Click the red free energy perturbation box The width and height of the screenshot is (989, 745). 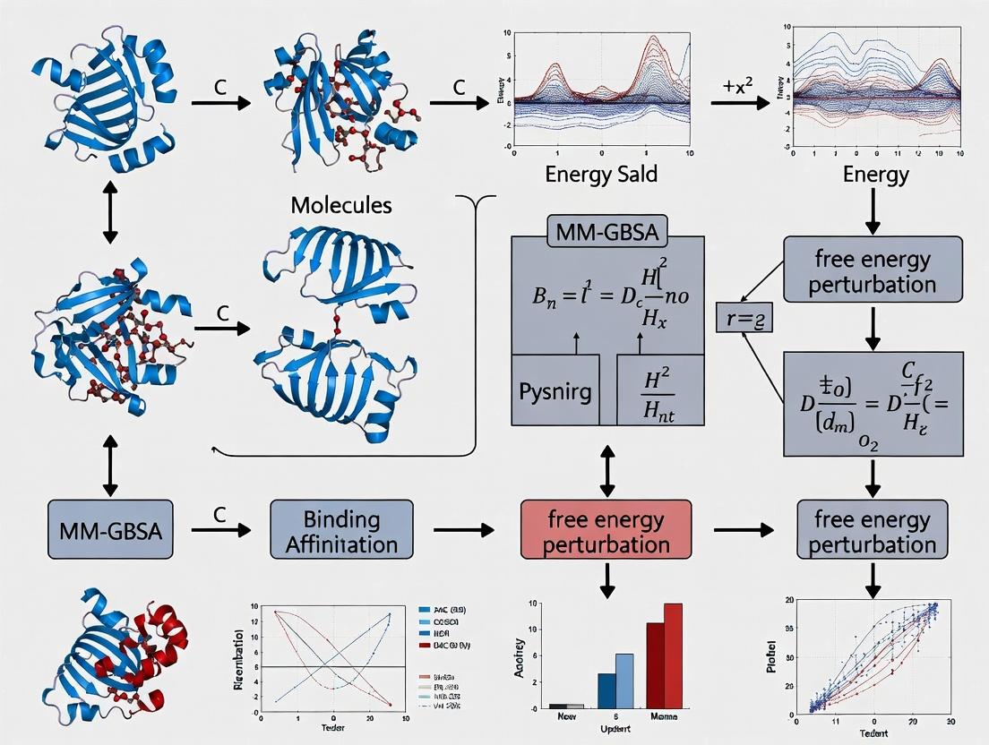pyautogui.click(x=606, y=532)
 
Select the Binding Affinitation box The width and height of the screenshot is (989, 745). pyautogui.click(x=341, y=531)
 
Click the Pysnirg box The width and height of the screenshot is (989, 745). pyautogui.click(x=554, y=391)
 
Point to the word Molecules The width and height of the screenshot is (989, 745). pyautogui.click(x=341, y=204)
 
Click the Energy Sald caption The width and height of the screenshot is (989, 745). pyautogui.click(x=601, y=174)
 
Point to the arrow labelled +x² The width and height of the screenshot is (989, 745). pyautogui.click(x=740, y=104)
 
